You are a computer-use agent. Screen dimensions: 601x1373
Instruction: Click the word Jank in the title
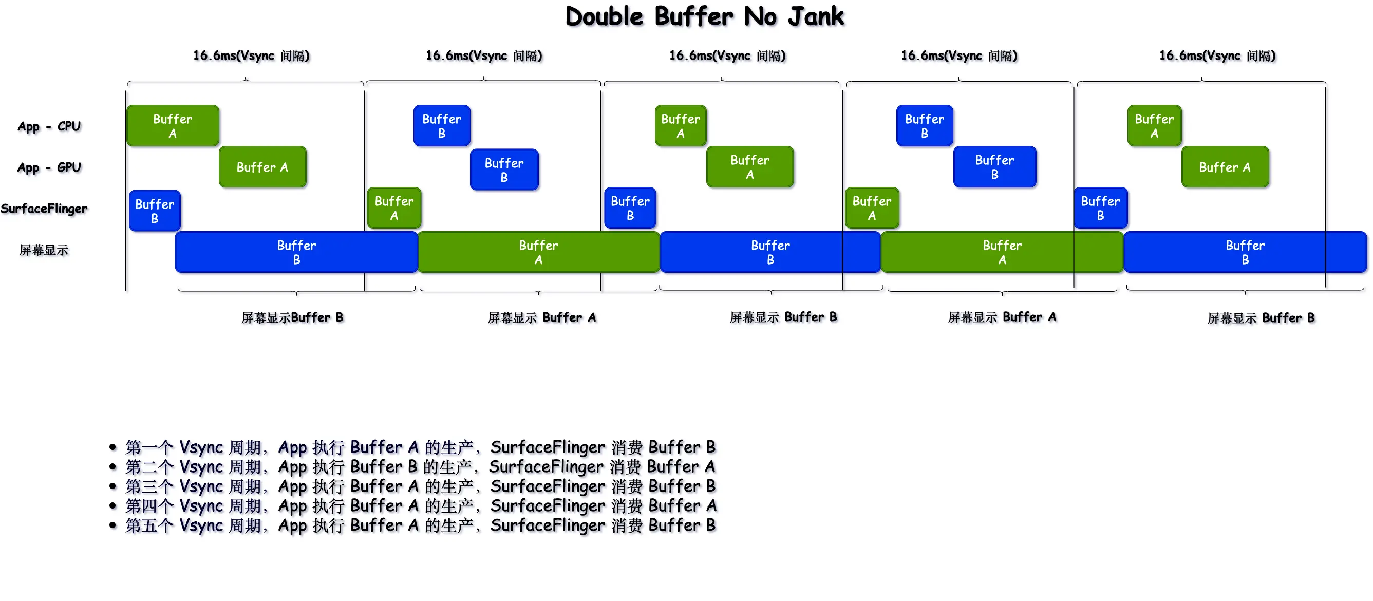[816, 17]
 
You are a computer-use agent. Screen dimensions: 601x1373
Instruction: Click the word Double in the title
[605, 17]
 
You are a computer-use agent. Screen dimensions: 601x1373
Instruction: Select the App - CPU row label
[49, 127]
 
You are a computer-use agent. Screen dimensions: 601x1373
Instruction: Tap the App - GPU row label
[49, 168]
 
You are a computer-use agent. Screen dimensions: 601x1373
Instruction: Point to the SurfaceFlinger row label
[44, 209]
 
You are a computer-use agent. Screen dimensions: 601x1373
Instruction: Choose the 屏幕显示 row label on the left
[44, 250]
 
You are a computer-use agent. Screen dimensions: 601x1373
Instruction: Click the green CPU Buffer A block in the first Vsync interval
[173, 126]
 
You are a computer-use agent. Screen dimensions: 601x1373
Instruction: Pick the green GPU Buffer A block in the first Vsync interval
[262, 167]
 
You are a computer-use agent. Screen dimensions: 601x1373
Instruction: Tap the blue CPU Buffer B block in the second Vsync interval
[442, 126]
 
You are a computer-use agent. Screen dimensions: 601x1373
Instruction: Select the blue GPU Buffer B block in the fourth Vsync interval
[994, 167]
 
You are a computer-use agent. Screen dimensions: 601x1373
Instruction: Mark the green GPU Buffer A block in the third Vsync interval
[749, 167]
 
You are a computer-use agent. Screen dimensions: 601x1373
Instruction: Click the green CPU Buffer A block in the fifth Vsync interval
[1154, 126]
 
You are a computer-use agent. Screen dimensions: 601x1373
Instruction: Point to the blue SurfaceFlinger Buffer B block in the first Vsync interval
[155, 211]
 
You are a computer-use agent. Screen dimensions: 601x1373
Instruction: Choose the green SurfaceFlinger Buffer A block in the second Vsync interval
[394, 209]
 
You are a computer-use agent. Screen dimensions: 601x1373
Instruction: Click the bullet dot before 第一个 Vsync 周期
[112, 447]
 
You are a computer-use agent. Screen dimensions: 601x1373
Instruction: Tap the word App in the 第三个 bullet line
[293, 487]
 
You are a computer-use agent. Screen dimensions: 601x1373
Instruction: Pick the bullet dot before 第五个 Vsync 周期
[112, 526]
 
